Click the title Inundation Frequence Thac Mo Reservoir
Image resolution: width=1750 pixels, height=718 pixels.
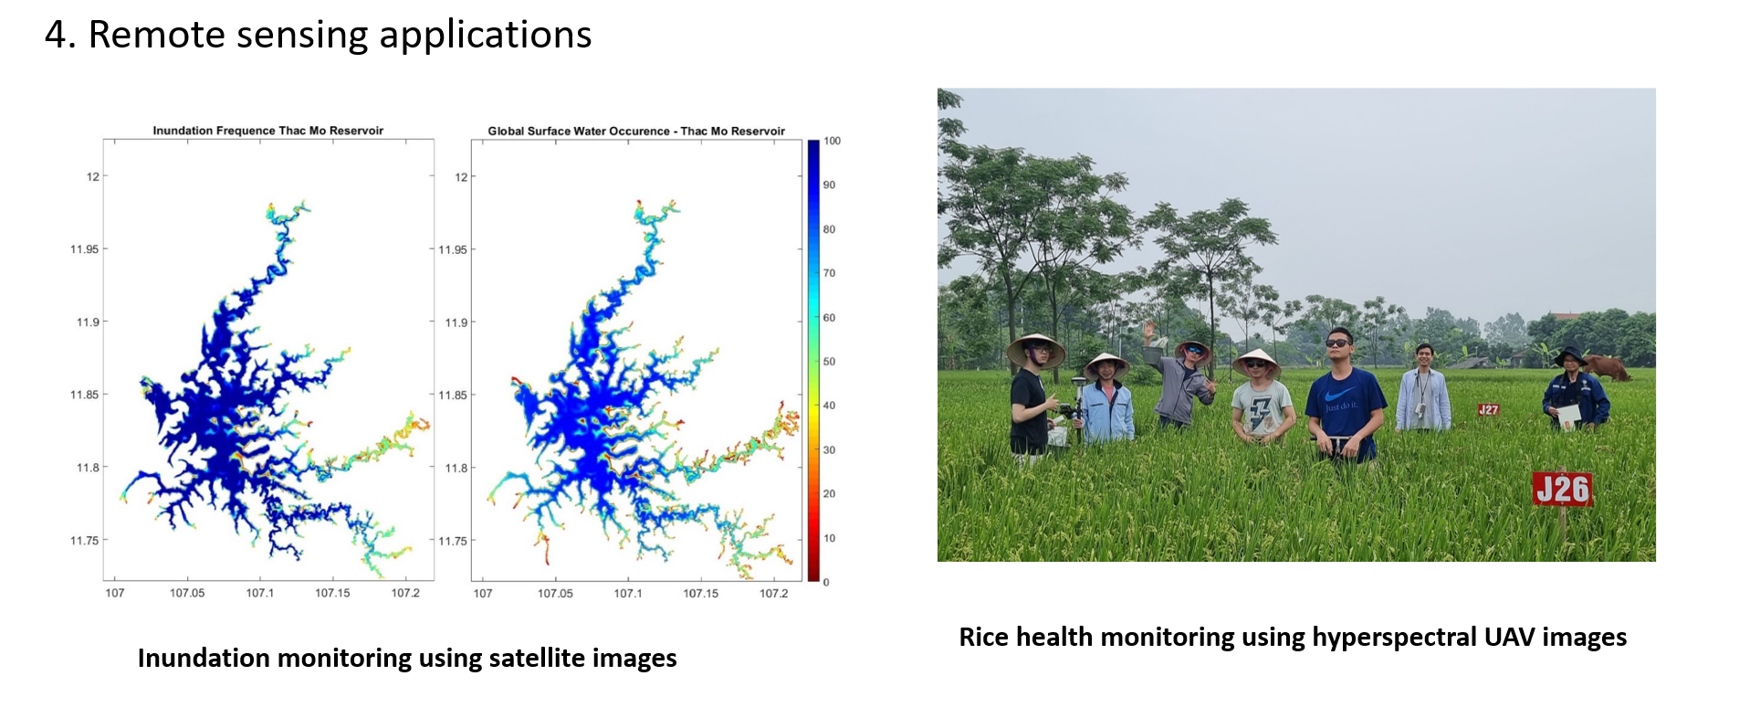click(267, 131)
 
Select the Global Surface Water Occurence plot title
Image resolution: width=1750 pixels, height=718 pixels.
click(636, 131)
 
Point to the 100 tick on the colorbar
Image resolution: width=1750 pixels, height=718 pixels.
click(832, 141)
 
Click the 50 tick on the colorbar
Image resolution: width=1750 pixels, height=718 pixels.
click(829, 362)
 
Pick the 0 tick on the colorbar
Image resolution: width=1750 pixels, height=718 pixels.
click(826, 582)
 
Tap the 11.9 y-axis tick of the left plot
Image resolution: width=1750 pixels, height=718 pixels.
click(88, 322)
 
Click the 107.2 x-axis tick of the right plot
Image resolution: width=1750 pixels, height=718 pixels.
click(773, 594)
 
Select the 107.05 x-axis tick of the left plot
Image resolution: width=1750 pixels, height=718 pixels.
click(187, 594)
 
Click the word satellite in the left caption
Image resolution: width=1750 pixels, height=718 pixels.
click(538, 658)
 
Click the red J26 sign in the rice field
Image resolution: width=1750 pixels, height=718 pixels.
click(1562, 490)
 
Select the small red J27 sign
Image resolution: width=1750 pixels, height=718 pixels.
click(1488, 410)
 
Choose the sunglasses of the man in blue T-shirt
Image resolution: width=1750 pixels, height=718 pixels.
click(1338, 343)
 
